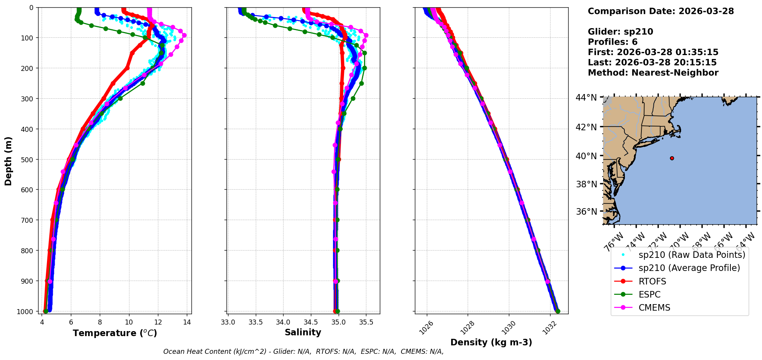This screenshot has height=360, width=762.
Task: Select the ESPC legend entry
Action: (x=649, y=294)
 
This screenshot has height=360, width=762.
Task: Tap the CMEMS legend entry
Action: (x=654, y=308)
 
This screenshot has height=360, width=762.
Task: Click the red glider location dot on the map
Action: (x=672, y=158)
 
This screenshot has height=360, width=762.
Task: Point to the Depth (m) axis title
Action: (x=8, y=161)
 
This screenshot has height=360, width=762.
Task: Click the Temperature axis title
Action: (x=115, y=333)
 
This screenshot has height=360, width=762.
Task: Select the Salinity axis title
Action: (x=303, y=332)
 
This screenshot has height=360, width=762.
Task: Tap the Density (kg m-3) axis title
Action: (x=491, y=342)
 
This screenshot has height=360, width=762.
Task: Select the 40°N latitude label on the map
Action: (x=586, y=156)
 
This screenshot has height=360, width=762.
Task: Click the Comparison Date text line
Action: (x=661, y=11)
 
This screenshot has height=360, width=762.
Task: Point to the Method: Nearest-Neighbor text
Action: (x=653, y=73)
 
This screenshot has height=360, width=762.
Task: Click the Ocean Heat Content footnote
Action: (x=303, y=352)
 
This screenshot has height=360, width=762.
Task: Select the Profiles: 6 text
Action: (x=613, y=42)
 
